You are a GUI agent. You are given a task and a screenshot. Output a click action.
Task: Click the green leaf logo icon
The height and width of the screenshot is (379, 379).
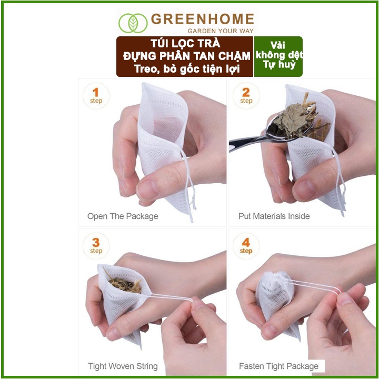tap(133, 23)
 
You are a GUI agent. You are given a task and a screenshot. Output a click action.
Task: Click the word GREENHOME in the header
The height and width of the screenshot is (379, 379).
tap(203, 19)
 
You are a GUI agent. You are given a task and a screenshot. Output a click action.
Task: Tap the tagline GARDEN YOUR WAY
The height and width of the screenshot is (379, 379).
tap(221, 31)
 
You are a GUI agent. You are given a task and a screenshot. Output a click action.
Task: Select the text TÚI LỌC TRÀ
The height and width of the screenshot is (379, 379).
tap(185, 44)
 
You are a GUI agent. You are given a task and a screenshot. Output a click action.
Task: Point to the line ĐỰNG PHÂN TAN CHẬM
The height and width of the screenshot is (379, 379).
tap(186, 56)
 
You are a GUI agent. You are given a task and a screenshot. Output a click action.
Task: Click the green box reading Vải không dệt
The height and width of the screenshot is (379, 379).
tap(278, 56)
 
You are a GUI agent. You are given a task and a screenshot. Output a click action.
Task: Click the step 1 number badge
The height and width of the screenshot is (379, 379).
tap(96, 96)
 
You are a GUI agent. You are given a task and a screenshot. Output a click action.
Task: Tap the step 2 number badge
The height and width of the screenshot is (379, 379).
tap(246, 96)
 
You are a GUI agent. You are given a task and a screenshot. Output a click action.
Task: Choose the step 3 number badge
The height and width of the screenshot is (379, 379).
tap(96, 246)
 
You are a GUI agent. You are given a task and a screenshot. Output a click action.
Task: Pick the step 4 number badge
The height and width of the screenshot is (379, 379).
tap(246, 246)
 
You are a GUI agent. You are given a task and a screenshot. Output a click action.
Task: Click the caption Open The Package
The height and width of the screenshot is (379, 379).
tap(123, 216)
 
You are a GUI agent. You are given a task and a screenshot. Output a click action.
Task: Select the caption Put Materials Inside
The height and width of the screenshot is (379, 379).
tap(274, 216)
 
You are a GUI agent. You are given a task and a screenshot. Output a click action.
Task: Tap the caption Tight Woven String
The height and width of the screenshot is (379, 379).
tap(123, 366)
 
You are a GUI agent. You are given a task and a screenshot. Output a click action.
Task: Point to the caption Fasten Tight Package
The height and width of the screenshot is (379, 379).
tap(278, 366)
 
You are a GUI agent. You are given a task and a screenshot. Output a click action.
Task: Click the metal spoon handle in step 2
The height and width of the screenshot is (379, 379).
tap(246, 143)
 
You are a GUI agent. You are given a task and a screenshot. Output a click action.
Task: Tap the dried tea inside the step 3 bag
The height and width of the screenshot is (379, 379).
tap(125, 284)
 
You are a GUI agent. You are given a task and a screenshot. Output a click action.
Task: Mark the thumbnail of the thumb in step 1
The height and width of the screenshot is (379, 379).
tap(147, 189)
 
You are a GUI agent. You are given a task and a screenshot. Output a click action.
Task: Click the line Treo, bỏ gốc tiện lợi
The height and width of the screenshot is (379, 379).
tap(187, 69)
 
